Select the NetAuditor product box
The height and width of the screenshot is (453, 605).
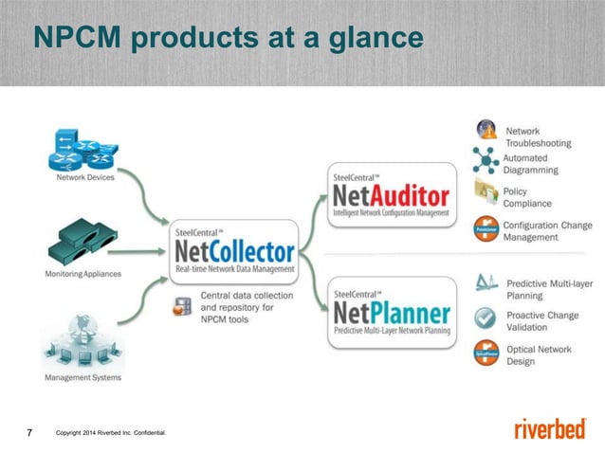tap(390, 198)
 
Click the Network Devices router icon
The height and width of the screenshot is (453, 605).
tap(81, 150)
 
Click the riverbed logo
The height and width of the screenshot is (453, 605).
tap(549, 429)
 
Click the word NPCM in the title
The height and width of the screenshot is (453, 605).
tap(75, 38)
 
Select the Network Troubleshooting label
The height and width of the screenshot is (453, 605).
tap(538, 136)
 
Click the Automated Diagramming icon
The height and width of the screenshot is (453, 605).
tap(486, 162)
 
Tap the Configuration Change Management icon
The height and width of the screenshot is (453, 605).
tap(486, 228)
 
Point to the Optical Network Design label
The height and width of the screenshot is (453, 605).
tap(539, 355)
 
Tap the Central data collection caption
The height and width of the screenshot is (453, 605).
tap(238, 307)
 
